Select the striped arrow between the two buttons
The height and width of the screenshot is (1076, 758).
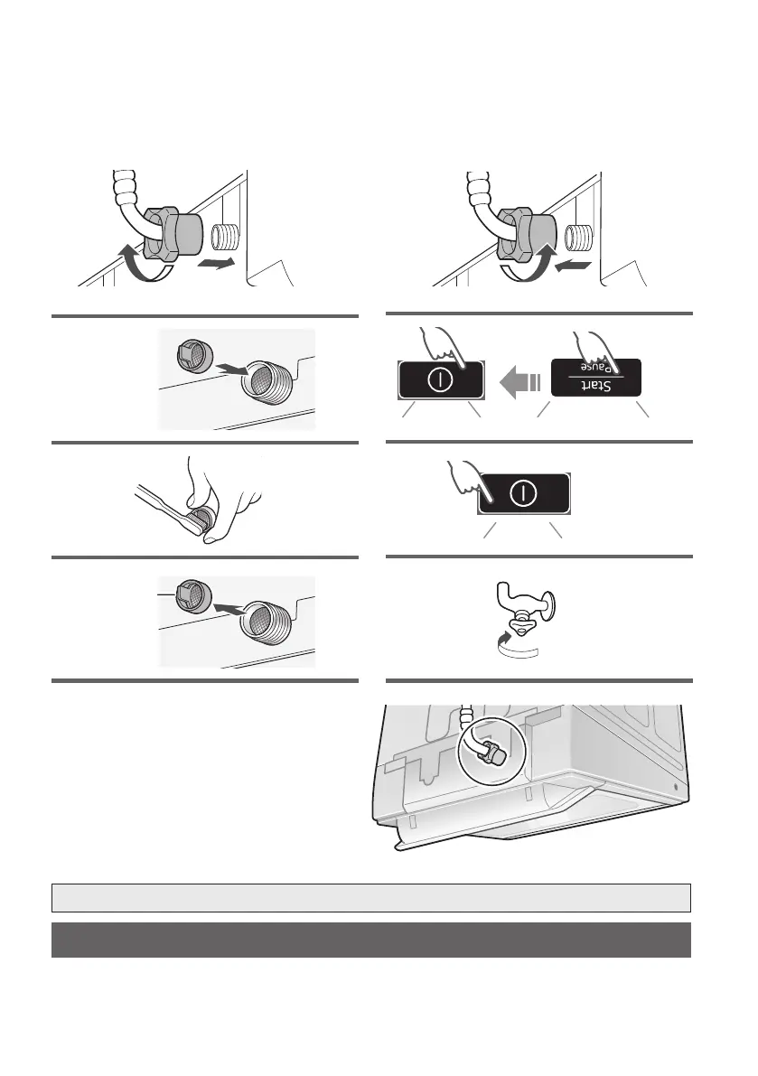(x=520, y=381)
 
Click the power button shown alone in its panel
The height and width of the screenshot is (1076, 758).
(x=523, y=493)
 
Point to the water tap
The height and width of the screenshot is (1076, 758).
(x=526, y=603)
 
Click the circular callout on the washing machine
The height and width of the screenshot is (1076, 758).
(x=491, y=750)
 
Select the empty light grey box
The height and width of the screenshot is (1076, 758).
(x=371, y=898)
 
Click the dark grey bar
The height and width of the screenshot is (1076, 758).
(x=371, y=940)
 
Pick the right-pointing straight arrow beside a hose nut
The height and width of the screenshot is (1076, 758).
(x=215, y=263)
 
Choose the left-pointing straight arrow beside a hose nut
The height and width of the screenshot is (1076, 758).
(x=573, y=265)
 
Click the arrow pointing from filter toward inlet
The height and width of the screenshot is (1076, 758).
(x=232, y=370)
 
